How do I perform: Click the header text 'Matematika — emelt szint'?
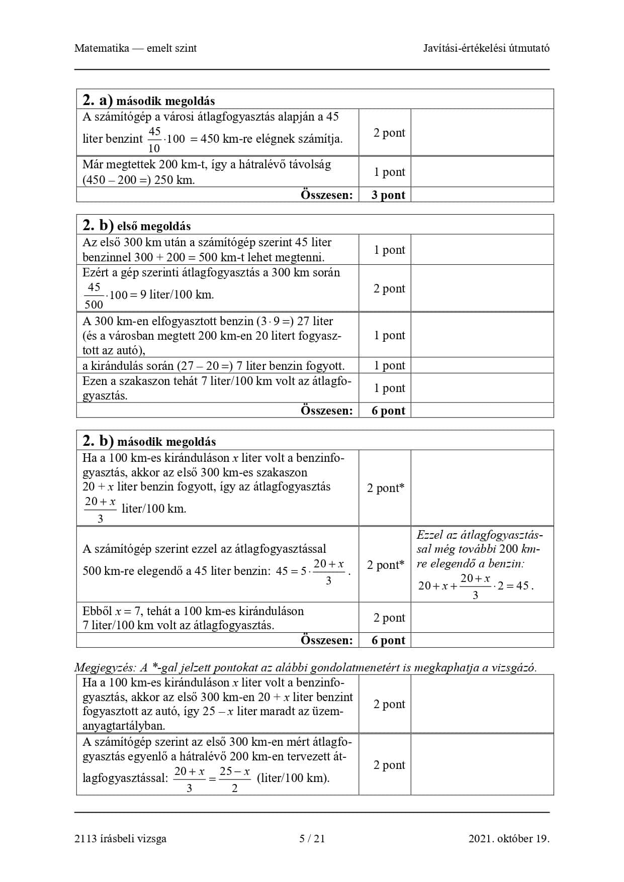coord(135,48)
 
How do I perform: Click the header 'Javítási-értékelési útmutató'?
coord(486,48)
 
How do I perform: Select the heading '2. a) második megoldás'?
coord(149,101)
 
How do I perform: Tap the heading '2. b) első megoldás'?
coord(137,226)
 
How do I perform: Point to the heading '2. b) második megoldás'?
coord(149,441)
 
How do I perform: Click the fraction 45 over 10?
coord(154,139)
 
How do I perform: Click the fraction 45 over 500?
coord(94,296)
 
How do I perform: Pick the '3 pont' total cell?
coord(388,195)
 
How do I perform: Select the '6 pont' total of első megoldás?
coord(388,411)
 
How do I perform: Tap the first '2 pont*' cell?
coord(385,488)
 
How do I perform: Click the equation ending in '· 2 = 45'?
coord(475,586)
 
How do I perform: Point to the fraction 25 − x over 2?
coord(234,779)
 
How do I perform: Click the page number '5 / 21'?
coord(312,838)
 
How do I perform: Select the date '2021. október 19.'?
coord(508,838)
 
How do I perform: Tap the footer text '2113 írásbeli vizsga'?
coord(120,838)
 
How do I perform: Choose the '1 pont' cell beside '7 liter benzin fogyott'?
coord(389,365)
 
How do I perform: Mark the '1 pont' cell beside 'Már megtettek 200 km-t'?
coord(389,172)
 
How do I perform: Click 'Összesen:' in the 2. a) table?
coord(327,195)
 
